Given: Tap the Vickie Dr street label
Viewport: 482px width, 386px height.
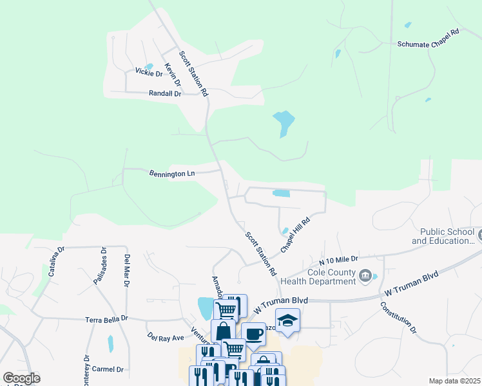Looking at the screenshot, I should tap(148, 73).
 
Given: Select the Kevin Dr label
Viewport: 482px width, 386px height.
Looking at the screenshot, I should tap(172, 75).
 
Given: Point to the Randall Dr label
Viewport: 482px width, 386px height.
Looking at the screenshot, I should tap(166, 93).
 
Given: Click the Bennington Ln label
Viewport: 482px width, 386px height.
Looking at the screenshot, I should tap(172, 174).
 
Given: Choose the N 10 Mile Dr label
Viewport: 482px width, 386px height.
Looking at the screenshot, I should tap(338, 261).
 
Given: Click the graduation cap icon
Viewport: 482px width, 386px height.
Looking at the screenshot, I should tap(287, 320).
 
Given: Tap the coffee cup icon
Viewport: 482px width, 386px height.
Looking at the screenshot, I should tap(253, 334).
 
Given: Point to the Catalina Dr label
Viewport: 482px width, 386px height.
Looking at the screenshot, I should tap(53, 265).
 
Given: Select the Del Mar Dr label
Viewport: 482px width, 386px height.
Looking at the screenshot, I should tap(126, 271).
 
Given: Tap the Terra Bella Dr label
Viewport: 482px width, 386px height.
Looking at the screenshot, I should tap(107, 319).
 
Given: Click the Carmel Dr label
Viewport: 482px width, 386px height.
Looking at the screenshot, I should tap(107, 369).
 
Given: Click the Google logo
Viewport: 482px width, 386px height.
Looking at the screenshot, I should tap(21, 378).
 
